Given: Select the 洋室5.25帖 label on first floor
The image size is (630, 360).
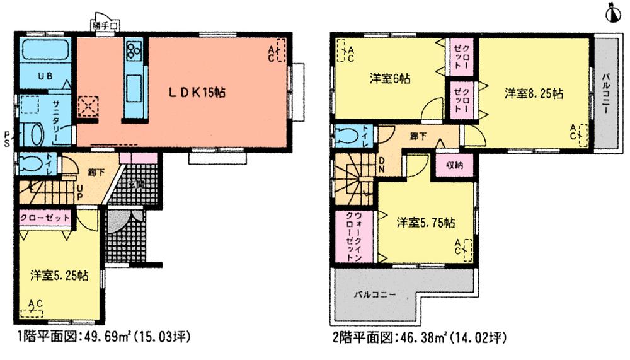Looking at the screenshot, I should coord(59,276).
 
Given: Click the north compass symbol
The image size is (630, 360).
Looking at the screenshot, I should coord(610,12).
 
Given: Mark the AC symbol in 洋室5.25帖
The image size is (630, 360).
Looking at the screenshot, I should coord(32,308).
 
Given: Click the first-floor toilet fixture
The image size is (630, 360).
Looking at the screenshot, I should coord(30,164).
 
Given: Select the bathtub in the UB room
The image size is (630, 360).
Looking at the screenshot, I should coord(45,50).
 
